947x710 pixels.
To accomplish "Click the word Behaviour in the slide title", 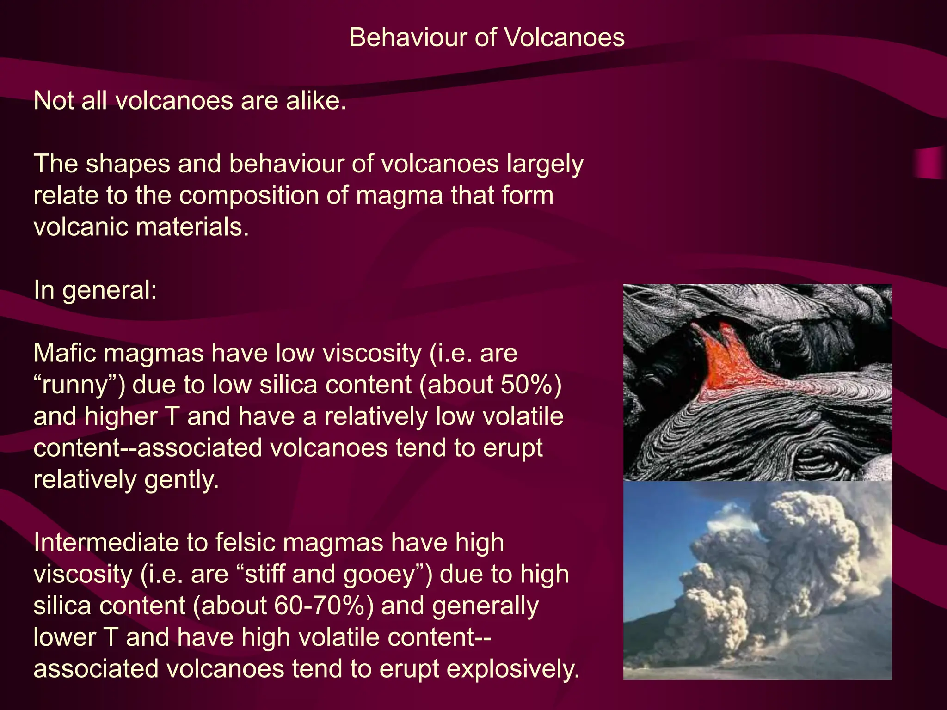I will tap(407, 37).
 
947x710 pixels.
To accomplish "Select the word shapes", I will tap(128, 164).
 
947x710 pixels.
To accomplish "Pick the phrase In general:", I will tap(95, 290).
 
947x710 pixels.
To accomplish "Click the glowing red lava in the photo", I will tap(726, 365).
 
